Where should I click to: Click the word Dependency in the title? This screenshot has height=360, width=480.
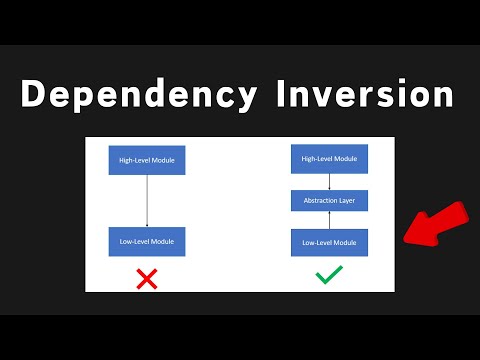click(135, 96)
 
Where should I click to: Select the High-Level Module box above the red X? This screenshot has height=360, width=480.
click(147, 160)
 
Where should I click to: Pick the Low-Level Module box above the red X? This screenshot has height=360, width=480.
click(147, 241)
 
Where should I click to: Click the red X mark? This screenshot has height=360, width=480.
click(147, 277)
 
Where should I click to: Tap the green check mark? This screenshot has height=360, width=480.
click(329, 275)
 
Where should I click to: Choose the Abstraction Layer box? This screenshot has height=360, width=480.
click(329, 200)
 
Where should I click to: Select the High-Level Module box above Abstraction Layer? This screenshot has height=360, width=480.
click(329, 158)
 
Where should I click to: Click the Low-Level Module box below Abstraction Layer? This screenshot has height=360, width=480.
click(329, 241)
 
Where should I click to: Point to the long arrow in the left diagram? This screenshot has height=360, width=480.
click(147, 200)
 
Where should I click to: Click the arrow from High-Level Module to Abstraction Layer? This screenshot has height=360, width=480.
click(329, 181)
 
